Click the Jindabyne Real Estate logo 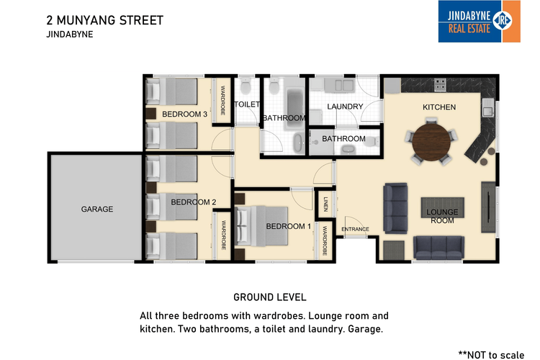(479, 22)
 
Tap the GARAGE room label (97, 209)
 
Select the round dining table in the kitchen (431, 142)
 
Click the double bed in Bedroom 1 (261, 226)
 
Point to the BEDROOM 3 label (184, 114)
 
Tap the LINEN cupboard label (325, 204)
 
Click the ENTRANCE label (355, 229)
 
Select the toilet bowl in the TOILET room (246, 86)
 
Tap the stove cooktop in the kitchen (440, 84)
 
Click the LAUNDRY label (345, 107)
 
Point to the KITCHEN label (439, 107)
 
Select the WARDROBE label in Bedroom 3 (222, 100)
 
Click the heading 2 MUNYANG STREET (104, 20)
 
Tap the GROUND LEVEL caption (270, 297)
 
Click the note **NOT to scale (491, 355)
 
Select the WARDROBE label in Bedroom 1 (325, 240)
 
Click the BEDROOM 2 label (194, 202)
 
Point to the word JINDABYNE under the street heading (70, 35)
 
